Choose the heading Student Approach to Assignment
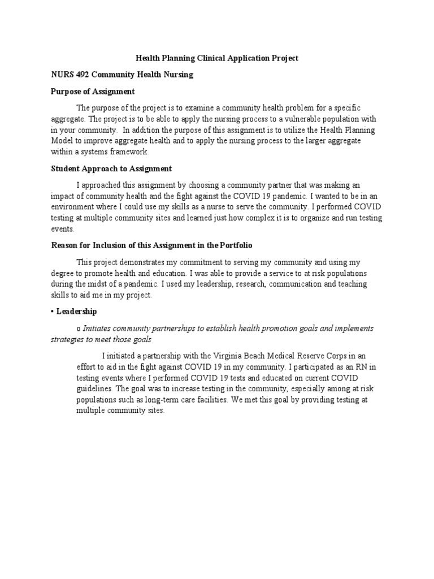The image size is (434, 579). (x=111, y=168)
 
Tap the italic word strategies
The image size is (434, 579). (x=69, y=339)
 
